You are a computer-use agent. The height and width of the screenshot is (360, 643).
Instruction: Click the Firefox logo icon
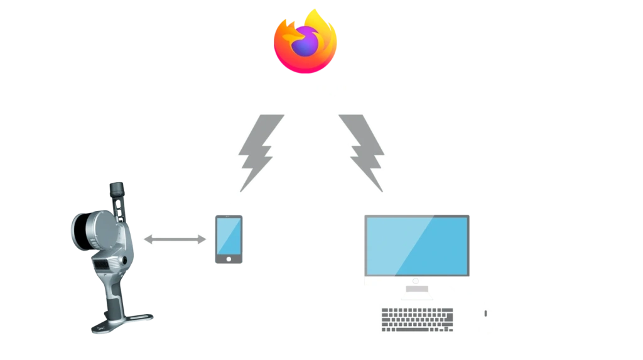click(x=305, y=40)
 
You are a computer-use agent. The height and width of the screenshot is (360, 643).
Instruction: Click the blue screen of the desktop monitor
click(x=417, y=244)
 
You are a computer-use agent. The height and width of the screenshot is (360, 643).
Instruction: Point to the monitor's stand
click(x=417, y=290)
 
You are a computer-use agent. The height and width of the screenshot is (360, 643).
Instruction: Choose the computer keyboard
click(x=417, y=319)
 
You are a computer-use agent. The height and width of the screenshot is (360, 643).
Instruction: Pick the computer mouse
click(x=487, y=320)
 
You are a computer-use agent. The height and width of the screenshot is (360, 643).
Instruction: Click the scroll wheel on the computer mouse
click(x=487, y=313)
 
